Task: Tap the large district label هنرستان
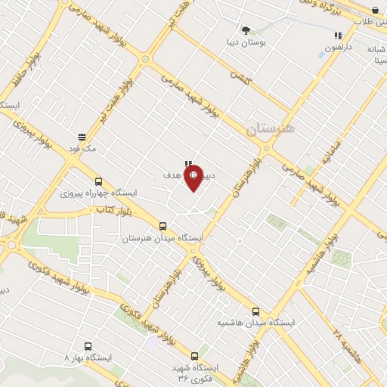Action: coord(273,128)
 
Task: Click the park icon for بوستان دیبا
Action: coord(246,31)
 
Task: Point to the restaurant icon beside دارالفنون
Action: coord(338,36)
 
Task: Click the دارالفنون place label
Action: coord(338,48)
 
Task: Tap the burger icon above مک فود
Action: coord(82,137)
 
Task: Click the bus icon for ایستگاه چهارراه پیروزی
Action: coord(98,181)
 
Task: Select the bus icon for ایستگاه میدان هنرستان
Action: coord(163,226)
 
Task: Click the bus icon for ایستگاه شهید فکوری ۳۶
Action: coord(195,356)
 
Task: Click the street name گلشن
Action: coord(240,77)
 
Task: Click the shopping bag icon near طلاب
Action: coord(376,11)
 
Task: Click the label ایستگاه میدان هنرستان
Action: coord(163,238)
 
